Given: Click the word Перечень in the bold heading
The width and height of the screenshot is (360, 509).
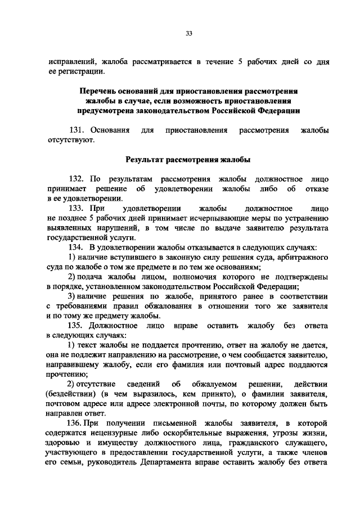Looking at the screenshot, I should (x=99, y=90).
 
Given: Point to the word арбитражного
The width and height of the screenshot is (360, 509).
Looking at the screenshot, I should (x=303, y=258).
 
